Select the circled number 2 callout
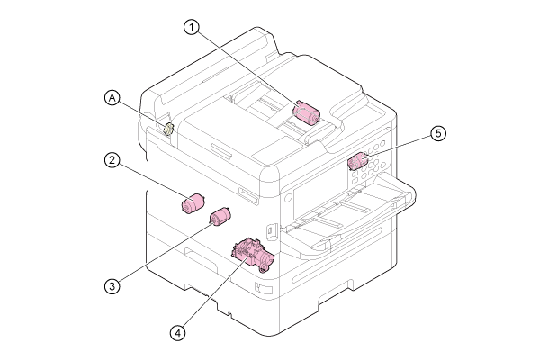(x=112, y=160)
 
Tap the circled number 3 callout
(x=112, y=286)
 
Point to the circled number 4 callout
(x=177, y=333)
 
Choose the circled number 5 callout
(x=438, y=133)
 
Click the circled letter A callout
(x=112, y=98)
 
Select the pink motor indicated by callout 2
(x=193, y=203)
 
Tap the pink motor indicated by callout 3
(x=220, y=217)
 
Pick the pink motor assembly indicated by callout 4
(x=253, y=254)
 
